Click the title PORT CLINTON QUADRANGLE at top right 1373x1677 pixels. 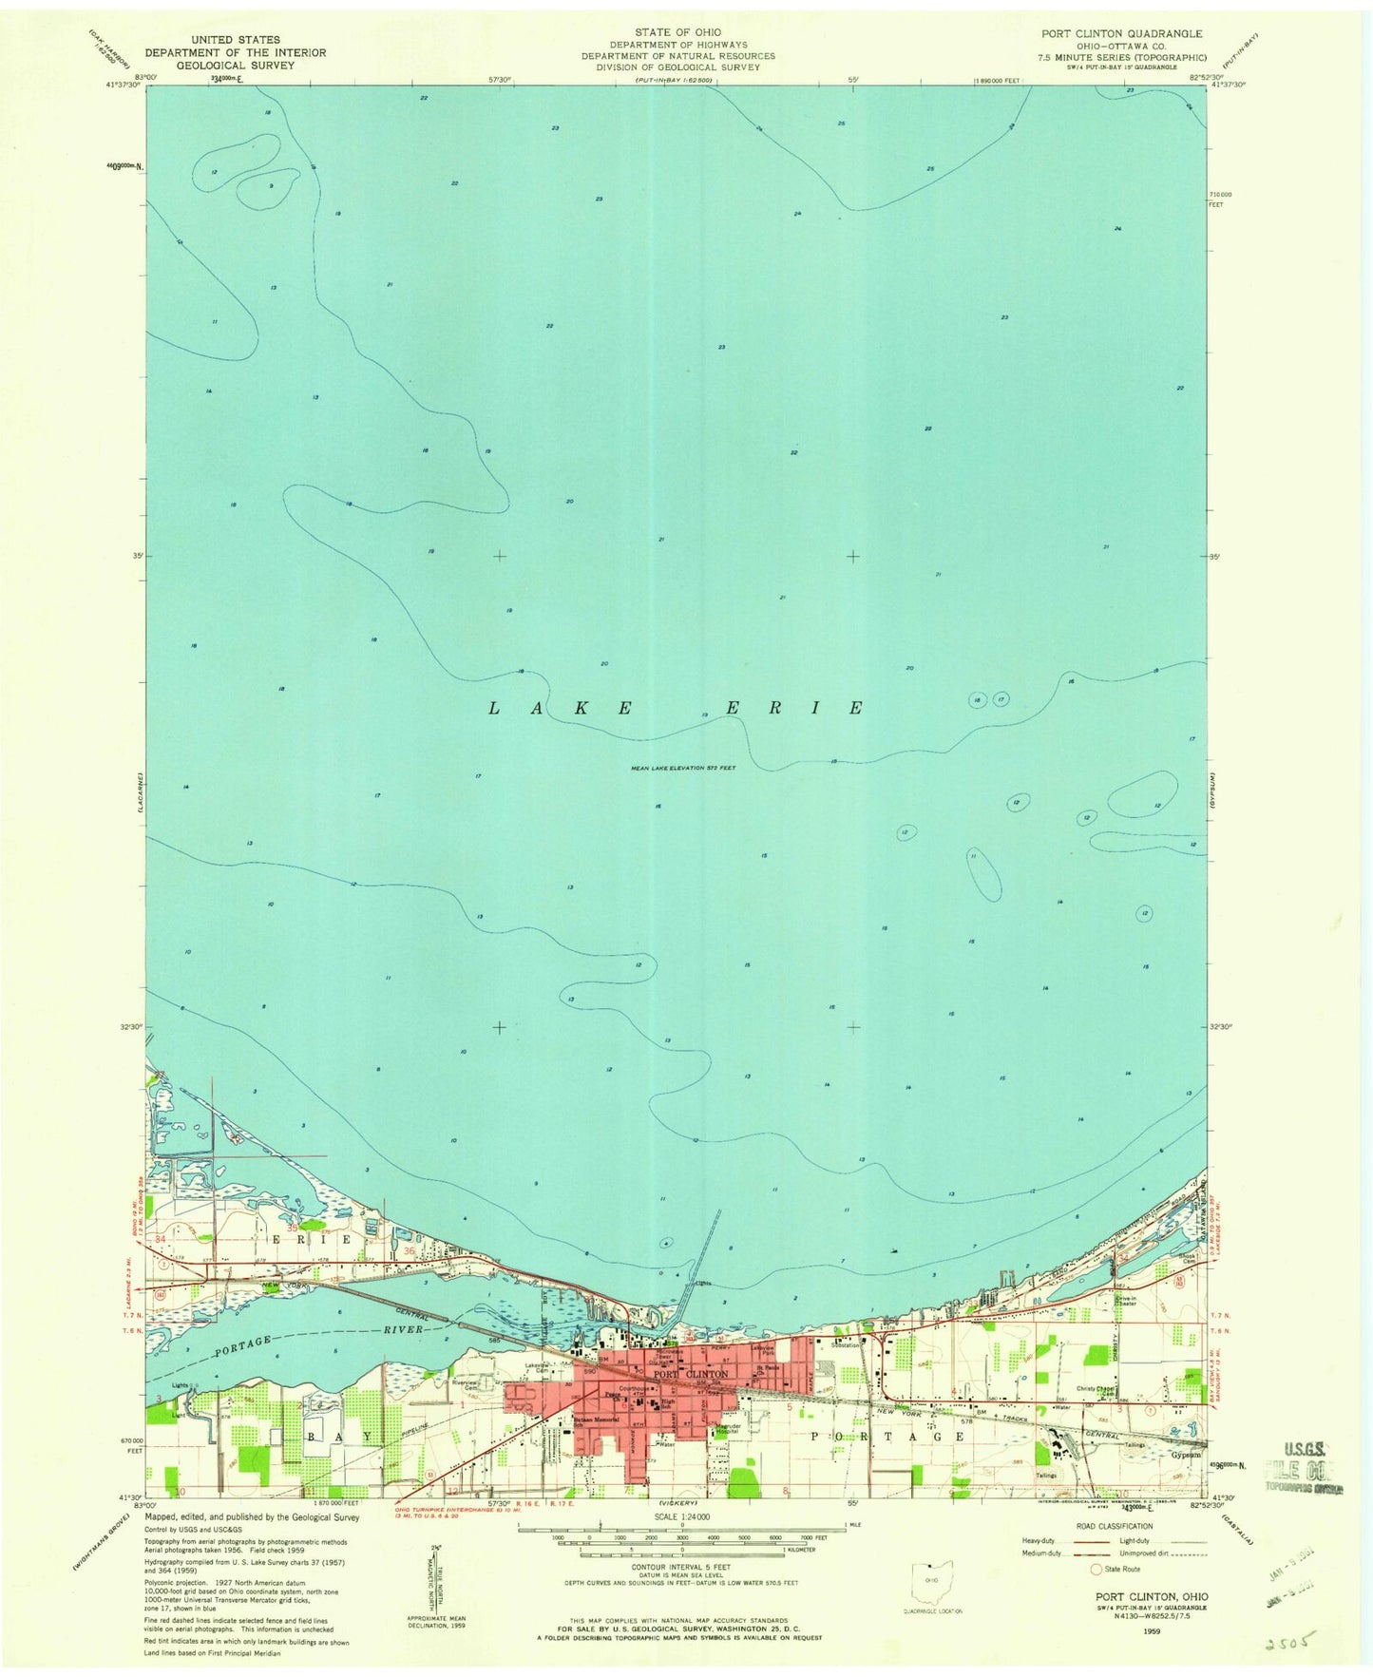point(1121,33)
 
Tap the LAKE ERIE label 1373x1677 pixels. point(677,708)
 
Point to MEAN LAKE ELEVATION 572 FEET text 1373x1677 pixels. point(683,769)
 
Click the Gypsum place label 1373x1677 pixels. point(1185,1455)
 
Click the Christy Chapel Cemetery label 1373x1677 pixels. point(1094,1390)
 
